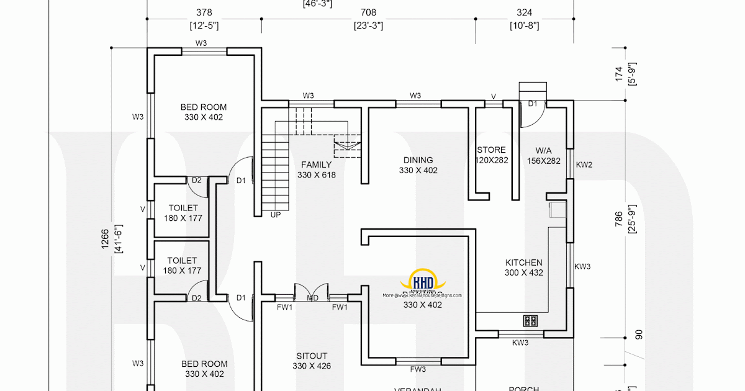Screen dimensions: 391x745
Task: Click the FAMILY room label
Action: click(x=316, y=164)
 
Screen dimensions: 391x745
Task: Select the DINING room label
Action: click(x=418, y=160)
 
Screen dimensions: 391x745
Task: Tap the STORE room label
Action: click(x=491, y=150)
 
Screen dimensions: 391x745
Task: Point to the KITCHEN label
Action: click(x=523, y=263)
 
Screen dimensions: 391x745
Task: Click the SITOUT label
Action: click(x=311, y=356)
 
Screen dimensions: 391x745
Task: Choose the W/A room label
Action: click(x=543, y=150)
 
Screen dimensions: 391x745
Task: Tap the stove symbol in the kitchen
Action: click(x=530, y=321)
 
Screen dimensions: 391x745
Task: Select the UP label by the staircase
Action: click(x=276, y=215)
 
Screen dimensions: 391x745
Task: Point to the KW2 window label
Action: click(x=584, y=165)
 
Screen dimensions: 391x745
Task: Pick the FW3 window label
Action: click(x=418, y=369)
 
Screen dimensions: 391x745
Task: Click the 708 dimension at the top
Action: click(x=368, y=12)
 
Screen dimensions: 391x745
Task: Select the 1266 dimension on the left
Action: click(x=105, y=239)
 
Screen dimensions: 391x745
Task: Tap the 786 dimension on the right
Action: click(x=618, y=219)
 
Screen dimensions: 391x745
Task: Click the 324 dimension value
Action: click(x=524, y=12)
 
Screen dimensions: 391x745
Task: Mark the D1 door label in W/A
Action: click(x=533, y=104)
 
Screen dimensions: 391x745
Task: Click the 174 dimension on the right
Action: click(x=618, y=74)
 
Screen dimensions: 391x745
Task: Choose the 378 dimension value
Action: click(x=203, y=12)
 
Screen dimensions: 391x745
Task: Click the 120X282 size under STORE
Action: click(x=491, y=160)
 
